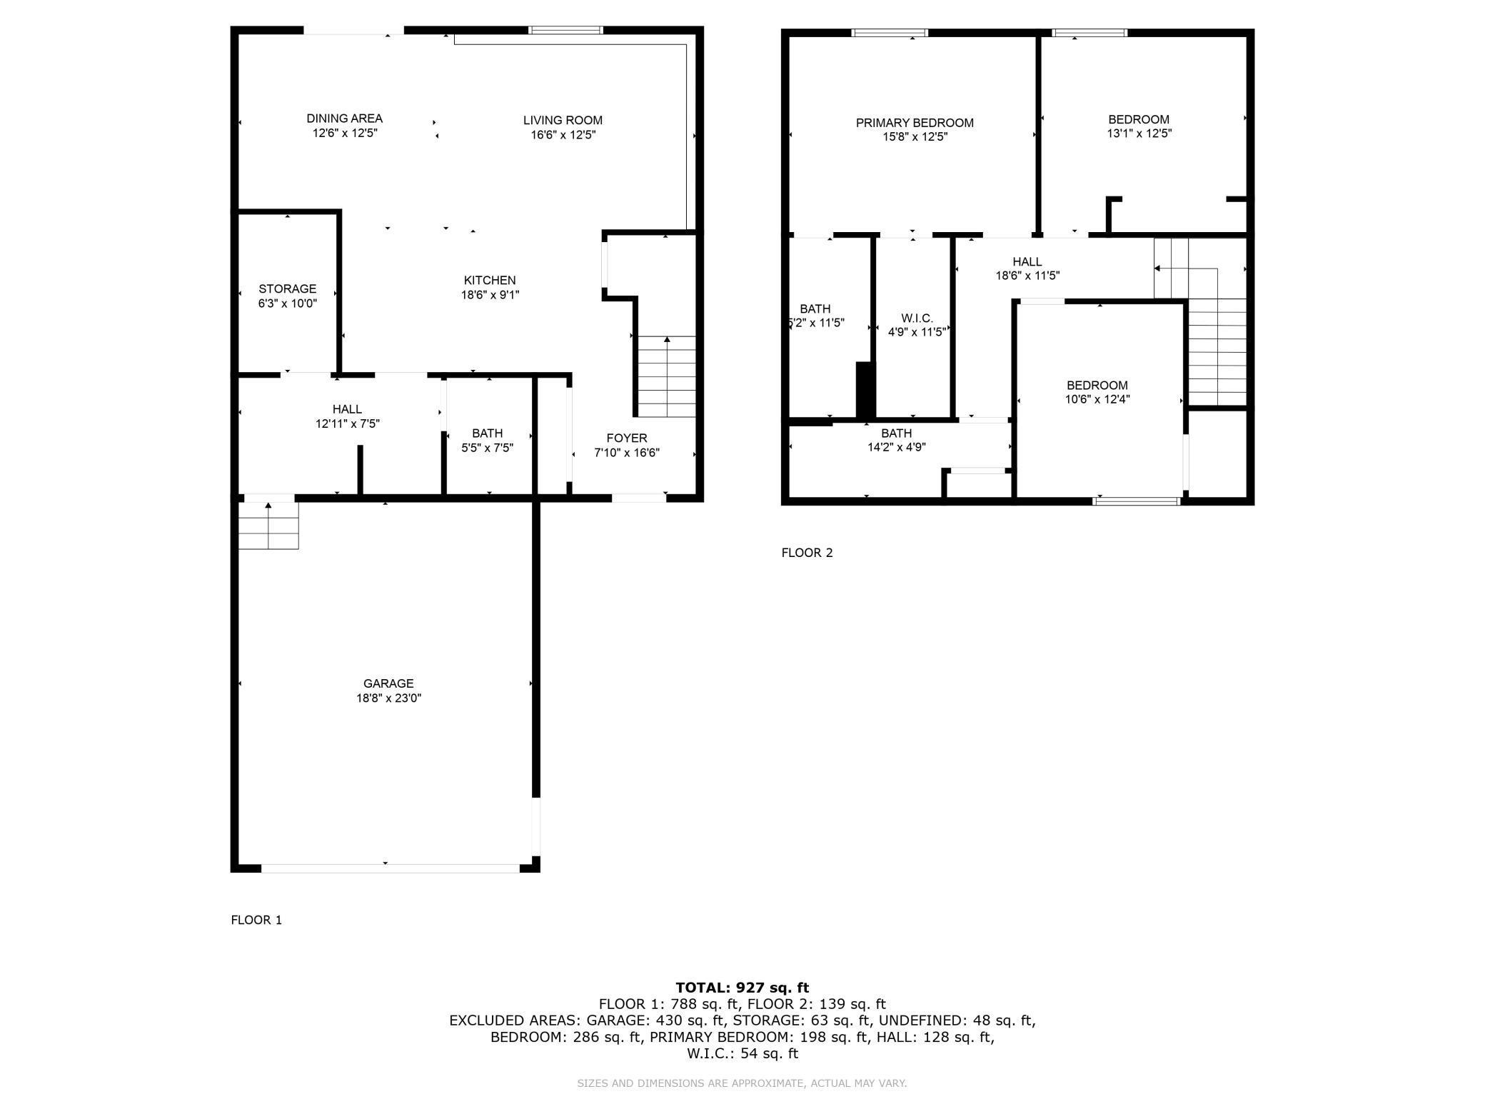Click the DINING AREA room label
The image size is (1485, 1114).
click(344, 119)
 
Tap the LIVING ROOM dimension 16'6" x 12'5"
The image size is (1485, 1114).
click(563, 135)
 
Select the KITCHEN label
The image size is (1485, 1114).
click(489, 280)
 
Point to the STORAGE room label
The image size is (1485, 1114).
click(287, 288)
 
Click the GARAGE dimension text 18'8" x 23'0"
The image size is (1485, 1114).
click(388, 698)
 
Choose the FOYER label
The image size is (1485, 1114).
click(626, 438)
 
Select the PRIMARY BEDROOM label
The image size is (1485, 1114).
click(914, 123)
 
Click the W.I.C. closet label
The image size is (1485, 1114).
click(916, 318)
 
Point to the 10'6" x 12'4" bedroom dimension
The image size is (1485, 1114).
click(1097, 400)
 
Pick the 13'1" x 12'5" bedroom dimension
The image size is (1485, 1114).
click(1139, 134)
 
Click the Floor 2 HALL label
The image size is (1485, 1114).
click(1027, 261)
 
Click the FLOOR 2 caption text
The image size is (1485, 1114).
click(807, 553)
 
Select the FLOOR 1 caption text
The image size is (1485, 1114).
click(256, 920)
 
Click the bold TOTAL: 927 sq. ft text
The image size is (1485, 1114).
click(742, 988)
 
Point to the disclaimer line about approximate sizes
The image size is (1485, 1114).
click(742, 1083)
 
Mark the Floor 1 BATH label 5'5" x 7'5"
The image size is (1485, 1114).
click(487, 433)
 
